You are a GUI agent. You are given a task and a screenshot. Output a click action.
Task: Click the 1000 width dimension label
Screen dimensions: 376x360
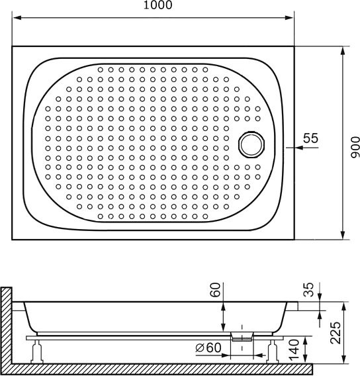click(x=157, y=6)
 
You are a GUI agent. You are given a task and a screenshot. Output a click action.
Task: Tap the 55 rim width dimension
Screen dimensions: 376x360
click(x=310, y=138)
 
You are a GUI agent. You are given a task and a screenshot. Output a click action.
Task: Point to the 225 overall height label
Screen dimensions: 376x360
click(x=336, y=332)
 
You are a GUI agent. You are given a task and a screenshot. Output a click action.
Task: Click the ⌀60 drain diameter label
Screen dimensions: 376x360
click(x=208, y=348)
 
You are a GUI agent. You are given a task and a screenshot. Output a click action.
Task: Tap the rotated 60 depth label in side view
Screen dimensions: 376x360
click(x=214, y=289)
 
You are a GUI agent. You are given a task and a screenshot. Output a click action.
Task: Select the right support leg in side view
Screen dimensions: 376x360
click(x=271, y=350)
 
